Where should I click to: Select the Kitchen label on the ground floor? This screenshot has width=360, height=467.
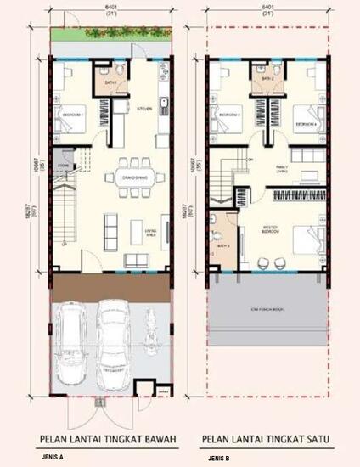(x=144, y=109)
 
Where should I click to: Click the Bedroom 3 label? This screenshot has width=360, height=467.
(x=230, y=113)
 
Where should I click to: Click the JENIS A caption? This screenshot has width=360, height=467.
(x=53, y=457)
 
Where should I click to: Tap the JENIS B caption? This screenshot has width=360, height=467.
(x=218, y=458)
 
